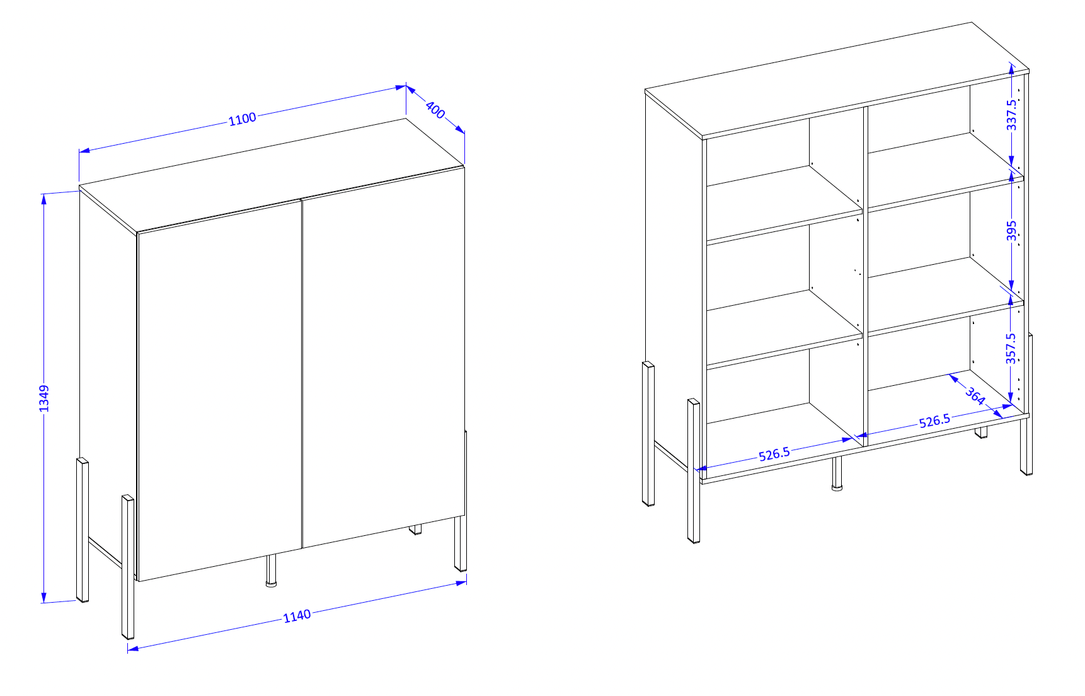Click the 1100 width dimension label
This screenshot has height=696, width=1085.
tap(243, 119)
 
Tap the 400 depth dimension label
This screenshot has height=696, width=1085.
tap(435, 109)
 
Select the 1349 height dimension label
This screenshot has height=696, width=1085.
tap(43, 398)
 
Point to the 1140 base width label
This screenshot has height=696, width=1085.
tap(297, 615)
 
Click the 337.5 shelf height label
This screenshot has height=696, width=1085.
tap(1011, 115)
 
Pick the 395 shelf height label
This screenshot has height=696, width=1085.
tap(1011, 231)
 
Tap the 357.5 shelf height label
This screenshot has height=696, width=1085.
tap(1011, 349)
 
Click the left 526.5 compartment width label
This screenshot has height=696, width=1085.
tap(774, 454)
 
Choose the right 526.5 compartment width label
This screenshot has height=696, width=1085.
tap(934, 420)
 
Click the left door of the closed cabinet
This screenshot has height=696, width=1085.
tap(219, 390)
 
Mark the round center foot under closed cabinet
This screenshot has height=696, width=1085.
tap(272, 571)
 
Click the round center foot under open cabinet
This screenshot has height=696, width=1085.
tap(837, 473)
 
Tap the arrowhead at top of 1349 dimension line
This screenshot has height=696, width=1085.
tap(43, 199)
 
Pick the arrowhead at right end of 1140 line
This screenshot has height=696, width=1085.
tap(461, 583)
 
